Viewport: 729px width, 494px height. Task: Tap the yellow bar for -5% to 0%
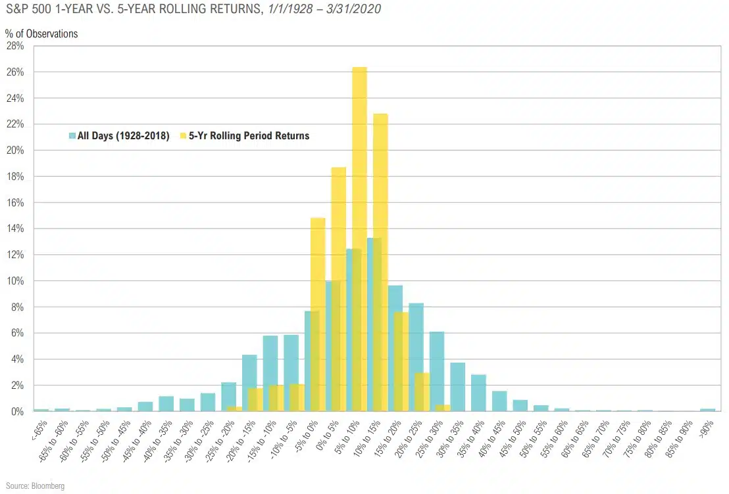[x=318, y=263]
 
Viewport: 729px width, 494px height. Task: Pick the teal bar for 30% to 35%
[x=457, y=387]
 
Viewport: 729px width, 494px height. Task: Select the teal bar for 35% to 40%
[x=478, y=393]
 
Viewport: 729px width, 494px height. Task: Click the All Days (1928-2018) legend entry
[x=118, y=136]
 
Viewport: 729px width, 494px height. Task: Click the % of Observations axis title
[x=41, y=34]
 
